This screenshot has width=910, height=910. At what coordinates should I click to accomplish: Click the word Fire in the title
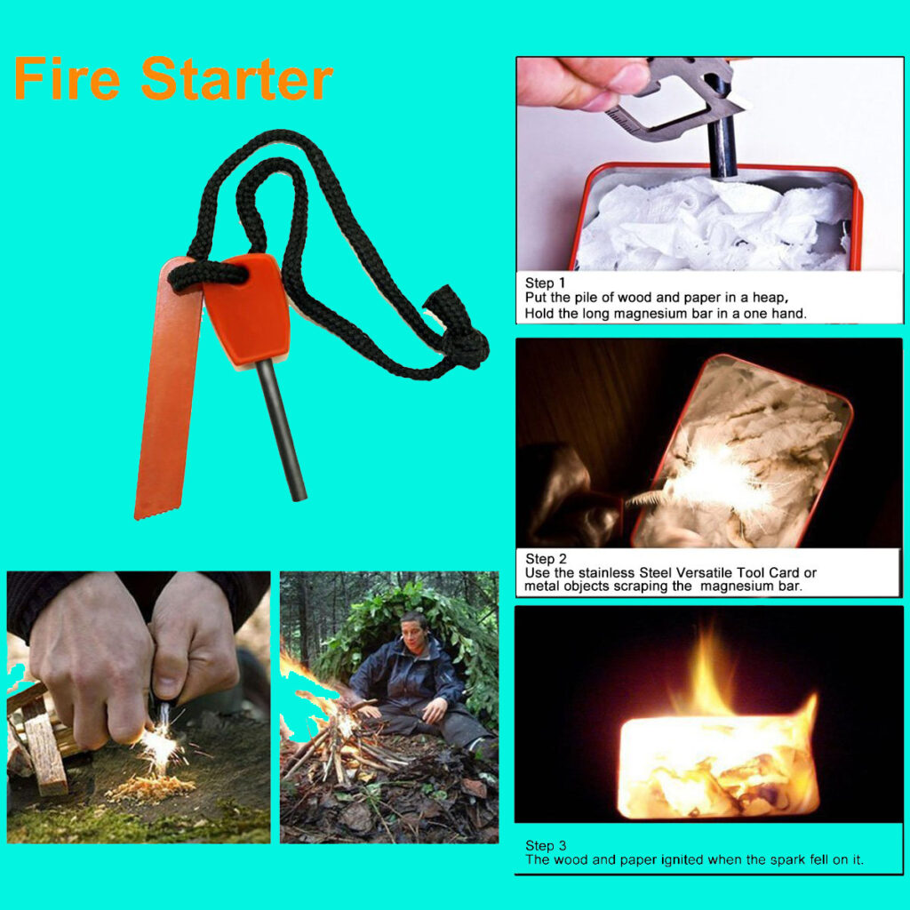coord(67,78)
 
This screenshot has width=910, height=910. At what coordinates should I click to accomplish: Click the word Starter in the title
coord(236,78)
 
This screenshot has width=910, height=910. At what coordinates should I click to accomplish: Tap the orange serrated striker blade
coord(166,389)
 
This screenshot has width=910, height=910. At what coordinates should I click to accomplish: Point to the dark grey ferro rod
coord(282,429)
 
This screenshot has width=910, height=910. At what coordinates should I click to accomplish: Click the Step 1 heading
coord(545,283)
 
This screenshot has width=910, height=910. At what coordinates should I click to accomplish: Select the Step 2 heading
coord(545,558)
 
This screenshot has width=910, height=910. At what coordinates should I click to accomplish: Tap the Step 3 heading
coord(546,845)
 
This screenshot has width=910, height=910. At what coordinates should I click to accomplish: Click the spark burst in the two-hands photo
coord(161,745)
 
